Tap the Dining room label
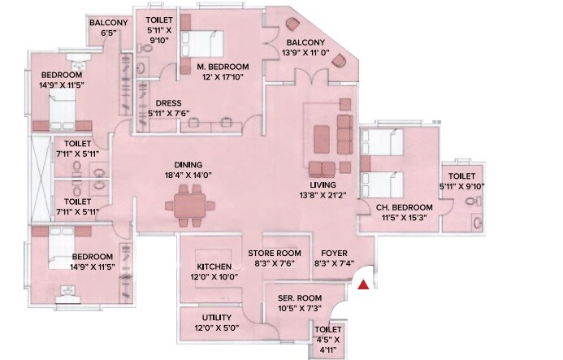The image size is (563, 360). click(x=188, y=163)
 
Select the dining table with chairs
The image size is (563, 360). click(x=188, y=205)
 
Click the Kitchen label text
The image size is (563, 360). click(x=214, y=267)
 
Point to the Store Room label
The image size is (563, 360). click(x=275, y=253)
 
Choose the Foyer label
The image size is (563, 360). click(x=334, y=253)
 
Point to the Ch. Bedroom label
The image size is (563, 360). click(x=404, y=207)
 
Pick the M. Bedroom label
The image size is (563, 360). click(x=222, y=66)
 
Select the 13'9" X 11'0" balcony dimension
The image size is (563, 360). click(x=305, y=53)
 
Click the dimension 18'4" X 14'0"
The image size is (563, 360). click(x=188, y=174)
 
